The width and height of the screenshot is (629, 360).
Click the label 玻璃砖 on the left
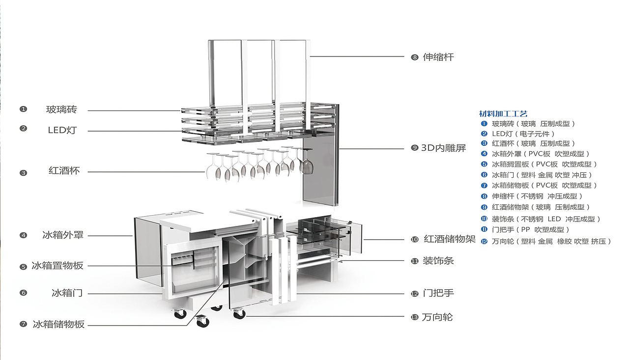[61, 110]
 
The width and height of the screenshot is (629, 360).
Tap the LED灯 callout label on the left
[62, 130]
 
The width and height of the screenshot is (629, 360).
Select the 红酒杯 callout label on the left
[64, 170]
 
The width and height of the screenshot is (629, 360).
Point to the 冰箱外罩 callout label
[63, 235]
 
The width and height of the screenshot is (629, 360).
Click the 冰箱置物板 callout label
[57, 265]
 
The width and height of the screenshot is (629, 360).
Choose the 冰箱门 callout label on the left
[67, 293]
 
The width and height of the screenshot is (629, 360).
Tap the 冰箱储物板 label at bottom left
[58, 324]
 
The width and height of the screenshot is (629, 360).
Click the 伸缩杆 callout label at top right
[438, 57]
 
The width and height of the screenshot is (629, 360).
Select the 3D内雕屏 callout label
[443, 148]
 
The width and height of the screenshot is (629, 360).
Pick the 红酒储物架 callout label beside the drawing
[450, 239]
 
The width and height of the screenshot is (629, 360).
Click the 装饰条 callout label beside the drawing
[438, 261]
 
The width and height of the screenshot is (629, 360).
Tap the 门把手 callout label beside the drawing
[438, 293]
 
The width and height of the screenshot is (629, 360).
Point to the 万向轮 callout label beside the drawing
[437, 317]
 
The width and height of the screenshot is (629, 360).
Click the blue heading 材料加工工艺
[503, 113]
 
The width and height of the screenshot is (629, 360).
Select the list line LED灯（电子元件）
[523, 134]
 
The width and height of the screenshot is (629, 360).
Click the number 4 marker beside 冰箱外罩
[23, 235]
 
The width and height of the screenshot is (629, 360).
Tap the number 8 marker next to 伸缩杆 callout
[415, 57]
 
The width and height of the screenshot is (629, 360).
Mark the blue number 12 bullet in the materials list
[484, 241]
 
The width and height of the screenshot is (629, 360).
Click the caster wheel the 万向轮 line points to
[239, 314]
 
